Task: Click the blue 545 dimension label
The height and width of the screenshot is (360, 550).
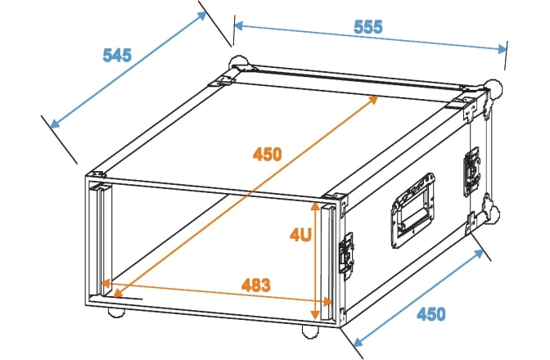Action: tap(118, 56)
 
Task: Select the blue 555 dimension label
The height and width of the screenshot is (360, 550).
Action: tap(368, 26)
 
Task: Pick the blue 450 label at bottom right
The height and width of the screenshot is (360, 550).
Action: tap(432, 314)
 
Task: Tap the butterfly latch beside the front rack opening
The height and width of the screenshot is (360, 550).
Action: tap(347, 252)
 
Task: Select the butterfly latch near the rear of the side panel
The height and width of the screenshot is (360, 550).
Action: tap(473, 171)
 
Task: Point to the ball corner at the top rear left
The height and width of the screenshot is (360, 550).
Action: tap(238, 62)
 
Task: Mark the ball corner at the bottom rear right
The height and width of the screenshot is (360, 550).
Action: tap(491, 214)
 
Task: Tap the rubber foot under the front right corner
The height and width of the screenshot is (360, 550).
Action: tap(311, 331)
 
